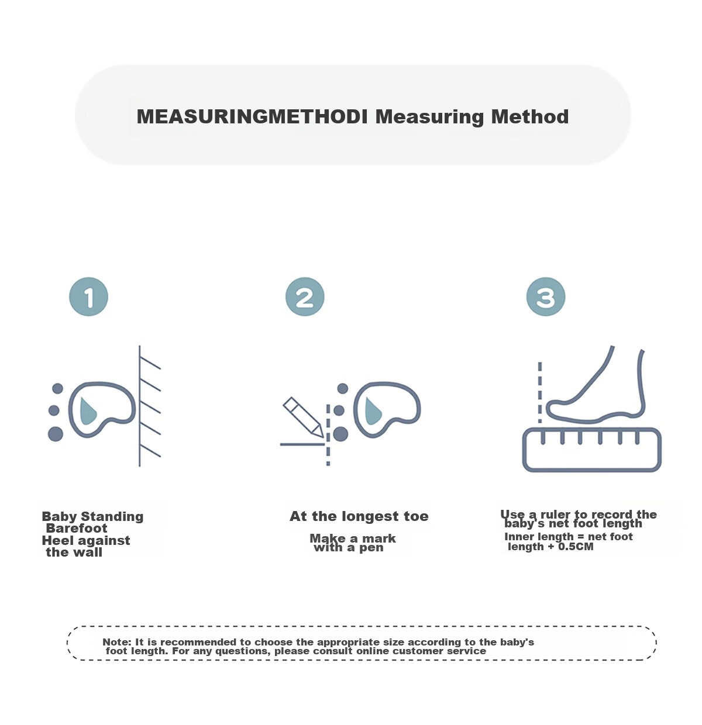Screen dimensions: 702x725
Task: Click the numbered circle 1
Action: (88, 297)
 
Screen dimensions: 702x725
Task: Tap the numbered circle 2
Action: (305, 297)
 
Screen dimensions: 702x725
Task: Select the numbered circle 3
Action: (545, 297)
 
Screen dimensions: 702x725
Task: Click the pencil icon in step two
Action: (302, 417)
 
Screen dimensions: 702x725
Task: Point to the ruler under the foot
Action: (591, 450)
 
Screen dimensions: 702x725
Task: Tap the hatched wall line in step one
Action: (139, 406)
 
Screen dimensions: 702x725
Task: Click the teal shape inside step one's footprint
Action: (88, 410)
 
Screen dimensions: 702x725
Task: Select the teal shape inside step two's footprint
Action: (373, 410)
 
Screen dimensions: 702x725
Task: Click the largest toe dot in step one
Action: (56, 434)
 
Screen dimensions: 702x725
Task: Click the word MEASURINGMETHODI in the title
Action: (252, 116)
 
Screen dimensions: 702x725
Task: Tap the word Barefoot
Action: (77, 529)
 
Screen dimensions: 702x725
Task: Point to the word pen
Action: (371, 548)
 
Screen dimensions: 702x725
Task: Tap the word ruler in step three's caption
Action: (556, 515)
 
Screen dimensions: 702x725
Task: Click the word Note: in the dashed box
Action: (117, 642)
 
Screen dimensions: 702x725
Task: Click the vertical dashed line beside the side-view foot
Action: (539, 392)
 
